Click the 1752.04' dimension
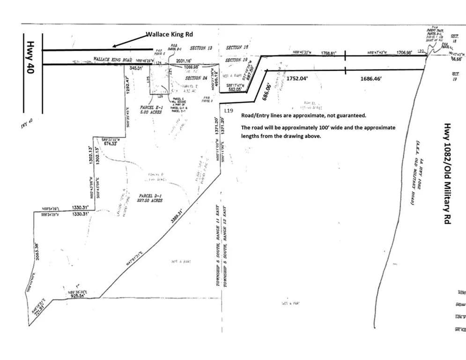click(x=297, y=78)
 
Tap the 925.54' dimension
click(x=77, y=296)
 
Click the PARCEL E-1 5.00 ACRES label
click(x=151, y=110)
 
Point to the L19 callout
click(x=229, y=111)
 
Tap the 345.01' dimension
click(x=137, y=68)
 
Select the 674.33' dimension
click(x=111, y=143)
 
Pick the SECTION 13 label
click(x=201, y=48)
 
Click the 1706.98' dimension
click(x=404, y=52)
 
